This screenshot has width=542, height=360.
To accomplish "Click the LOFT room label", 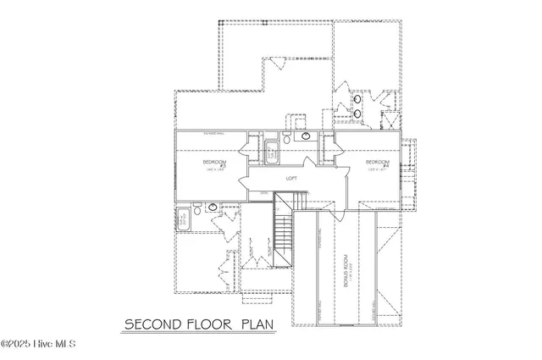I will (290, 179).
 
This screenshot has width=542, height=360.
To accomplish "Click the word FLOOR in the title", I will (208, 324).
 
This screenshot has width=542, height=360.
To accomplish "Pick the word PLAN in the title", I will (259, 324).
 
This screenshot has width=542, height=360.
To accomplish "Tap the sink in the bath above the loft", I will (305, 136).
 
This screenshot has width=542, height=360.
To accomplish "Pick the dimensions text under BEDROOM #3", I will (212, 170).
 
